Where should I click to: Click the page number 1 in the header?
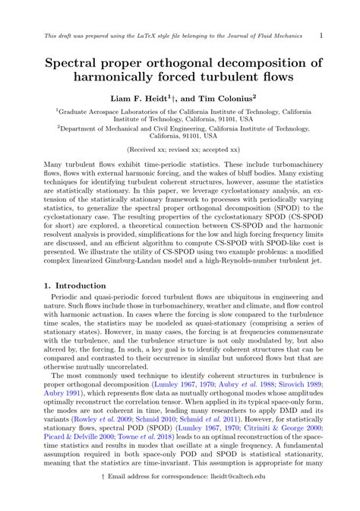pyautogui.click(x=321, y=35)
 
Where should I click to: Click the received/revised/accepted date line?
pyautogui.click(x=180, y=151)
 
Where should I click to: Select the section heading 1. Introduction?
pyautogui.click(x=73, y=284)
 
